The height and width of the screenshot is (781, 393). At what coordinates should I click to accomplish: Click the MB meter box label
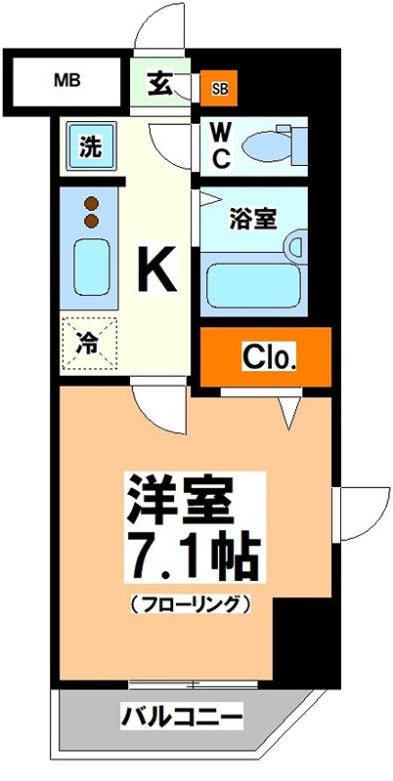click(66, 80)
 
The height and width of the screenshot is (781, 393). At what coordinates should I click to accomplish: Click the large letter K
click(154, 268)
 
